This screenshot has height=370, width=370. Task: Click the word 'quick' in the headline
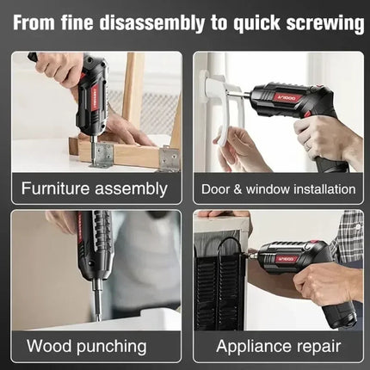[243, 23]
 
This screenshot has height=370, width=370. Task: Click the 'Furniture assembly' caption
[94, 188]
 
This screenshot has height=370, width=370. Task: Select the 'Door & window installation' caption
[278, 188]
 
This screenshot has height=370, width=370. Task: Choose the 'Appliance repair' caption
[277, 347]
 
